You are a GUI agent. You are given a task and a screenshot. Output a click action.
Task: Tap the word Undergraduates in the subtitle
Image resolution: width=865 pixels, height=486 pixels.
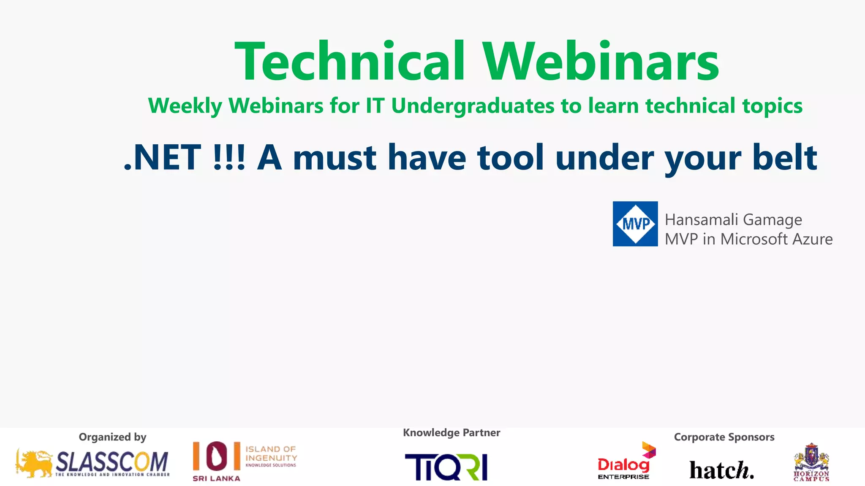(472, 106)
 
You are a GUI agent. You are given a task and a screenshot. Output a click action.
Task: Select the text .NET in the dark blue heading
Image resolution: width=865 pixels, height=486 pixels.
(162, 158)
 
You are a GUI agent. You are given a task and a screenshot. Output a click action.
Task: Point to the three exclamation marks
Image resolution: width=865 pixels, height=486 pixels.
(229, 158)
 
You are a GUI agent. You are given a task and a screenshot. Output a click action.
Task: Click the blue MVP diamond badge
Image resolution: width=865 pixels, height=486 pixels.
(635, 224)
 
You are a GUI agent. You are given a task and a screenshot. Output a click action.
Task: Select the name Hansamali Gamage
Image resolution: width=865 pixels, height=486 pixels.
(733, 220)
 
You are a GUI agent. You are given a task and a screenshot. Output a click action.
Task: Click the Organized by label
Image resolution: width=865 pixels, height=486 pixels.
(112, 437)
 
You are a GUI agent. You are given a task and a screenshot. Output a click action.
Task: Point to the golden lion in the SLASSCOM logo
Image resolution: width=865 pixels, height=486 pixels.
(34, 464)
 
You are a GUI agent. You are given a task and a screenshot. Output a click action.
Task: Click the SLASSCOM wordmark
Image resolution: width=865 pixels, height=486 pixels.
(112, 462)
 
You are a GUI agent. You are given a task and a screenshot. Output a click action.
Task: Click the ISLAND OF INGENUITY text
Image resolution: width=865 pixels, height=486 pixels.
(271, 454)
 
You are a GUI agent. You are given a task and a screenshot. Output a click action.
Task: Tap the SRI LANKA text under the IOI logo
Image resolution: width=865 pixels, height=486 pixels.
(216, 478)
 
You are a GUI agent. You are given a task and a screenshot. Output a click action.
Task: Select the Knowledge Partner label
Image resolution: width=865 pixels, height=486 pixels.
(451, 433)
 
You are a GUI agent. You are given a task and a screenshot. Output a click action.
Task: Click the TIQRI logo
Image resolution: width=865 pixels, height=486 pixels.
(446, 467)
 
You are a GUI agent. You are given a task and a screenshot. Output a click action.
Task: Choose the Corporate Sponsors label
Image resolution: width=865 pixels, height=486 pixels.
(724, 437)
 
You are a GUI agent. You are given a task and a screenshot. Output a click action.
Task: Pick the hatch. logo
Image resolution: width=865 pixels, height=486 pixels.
(721, 470)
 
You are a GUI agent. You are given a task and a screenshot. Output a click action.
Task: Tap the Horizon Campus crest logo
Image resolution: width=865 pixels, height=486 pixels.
(811, 462)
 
